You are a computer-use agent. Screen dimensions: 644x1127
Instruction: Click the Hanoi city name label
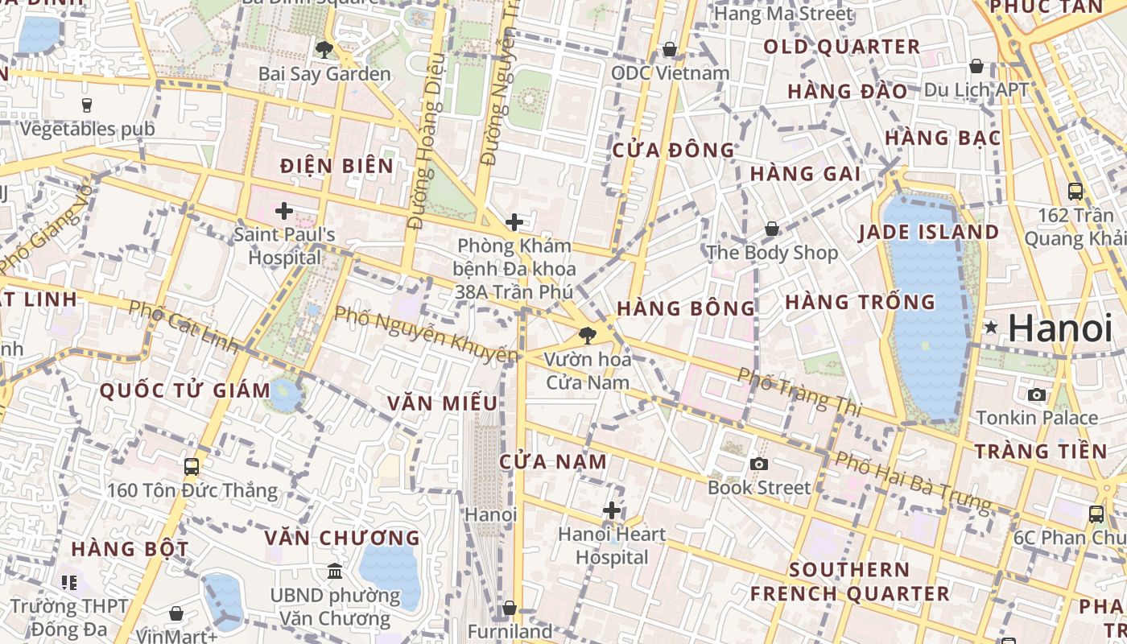(1059, 328)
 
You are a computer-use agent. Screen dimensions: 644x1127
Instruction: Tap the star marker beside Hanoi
(991, 328)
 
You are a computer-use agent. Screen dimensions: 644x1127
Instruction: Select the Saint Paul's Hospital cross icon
(283, 211)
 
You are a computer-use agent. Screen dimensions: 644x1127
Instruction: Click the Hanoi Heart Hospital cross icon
(612, 510)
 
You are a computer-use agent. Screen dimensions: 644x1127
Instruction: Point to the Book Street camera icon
(758, 464)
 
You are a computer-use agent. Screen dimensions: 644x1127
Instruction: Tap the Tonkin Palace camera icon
(1037, 394)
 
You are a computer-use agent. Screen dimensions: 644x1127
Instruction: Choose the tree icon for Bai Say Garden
(324, 50)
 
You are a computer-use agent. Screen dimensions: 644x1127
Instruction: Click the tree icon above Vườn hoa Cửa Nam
(588, 336)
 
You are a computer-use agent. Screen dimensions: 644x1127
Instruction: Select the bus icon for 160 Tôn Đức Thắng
(192, 466)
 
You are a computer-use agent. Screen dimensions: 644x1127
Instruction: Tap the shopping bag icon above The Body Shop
(771, 229)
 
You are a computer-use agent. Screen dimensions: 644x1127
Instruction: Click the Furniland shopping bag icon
(509, 608)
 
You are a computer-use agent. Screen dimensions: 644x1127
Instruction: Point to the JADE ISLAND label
(928, 233)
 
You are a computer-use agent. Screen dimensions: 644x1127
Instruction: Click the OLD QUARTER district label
(841, 47)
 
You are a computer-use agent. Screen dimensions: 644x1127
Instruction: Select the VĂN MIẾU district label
(441, 403)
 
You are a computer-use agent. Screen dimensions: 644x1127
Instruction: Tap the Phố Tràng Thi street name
(799, 390)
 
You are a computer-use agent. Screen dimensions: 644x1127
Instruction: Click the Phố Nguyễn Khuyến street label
(426, 333)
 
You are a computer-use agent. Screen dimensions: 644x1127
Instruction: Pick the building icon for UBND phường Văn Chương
(335, 572)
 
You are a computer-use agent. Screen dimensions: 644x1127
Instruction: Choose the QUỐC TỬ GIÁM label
(185, 391)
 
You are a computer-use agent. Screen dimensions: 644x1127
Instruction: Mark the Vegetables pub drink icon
(87, 105)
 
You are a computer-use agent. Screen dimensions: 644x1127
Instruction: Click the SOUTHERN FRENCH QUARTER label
(849, 581)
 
